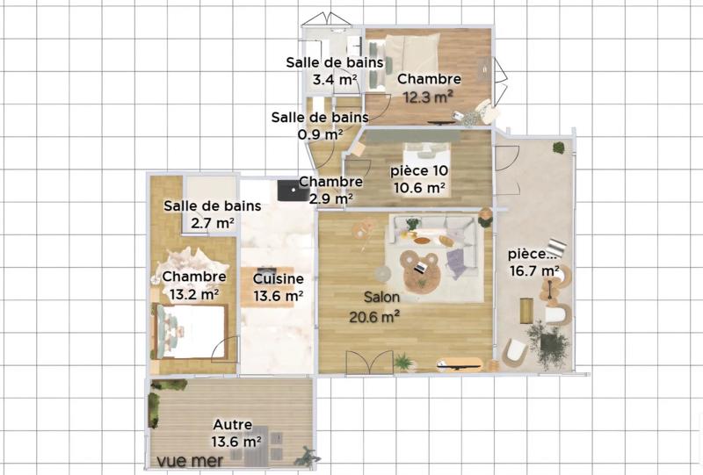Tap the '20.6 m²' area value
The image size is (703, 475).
375,316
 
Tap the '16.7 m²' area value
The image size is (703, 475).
535,270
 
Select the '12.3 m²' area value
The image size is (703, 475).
428,96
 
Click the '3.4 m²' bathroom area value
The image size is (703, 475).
334,80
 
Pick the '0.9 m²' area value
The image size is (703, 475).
320,134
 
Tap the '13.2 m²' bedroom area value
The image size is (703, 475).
191,295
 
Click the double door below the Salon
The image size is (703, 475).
369,362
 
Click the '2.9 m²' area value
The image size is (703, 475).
330,198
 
